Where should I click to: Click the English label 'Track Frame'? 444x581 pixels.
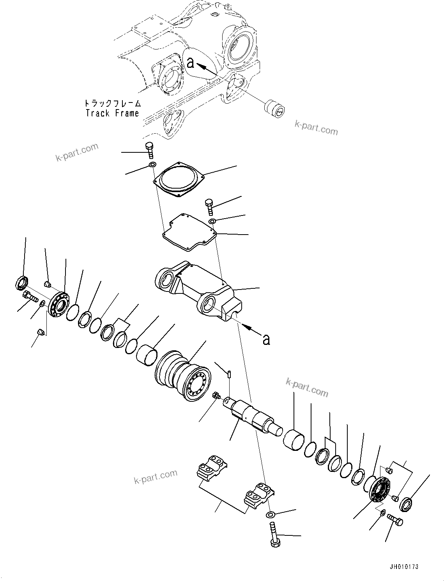point(112,113)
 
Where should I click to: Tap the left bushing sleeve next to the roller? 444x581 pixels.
point(147,355)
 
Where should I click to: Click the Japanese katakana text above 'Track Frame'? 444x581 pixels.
point(112,104)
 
